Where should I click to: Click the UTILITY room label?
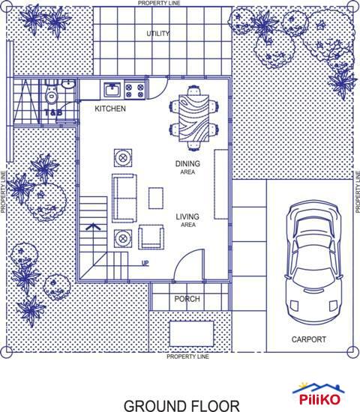158,34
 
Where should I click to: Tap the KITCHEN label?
110,109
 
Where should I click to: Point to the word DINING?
187,163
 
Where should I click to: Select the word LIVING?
187,217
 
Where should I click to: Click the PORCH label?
187,299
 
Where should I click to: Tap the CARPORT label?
308,339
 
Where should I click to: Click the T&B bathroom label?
52,113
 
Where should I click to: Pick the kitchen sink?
114,91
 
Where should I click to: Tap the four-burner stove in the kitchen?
136,91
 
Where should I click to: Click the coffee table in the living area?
156,198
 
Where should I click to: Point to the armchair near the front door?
151,237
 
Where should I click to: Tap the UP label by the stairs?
145,263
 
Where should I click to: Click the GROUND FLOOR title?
181,405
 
